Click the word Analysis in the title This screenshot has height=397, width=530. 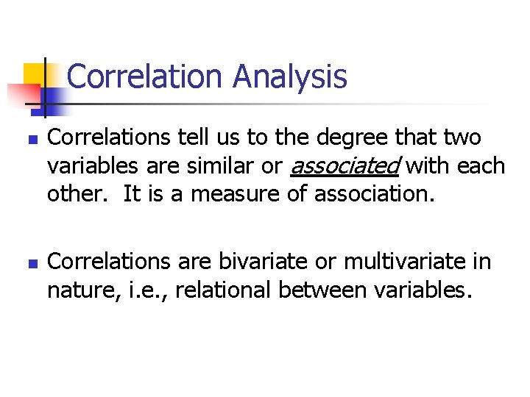pyautogui.click(x=289, y=76)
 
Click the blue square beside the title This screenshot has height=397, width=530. pyautogui.click(x=53, y=96)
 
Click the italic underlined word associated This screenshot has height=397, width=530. pyautogui.click(x=344, y=166)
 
